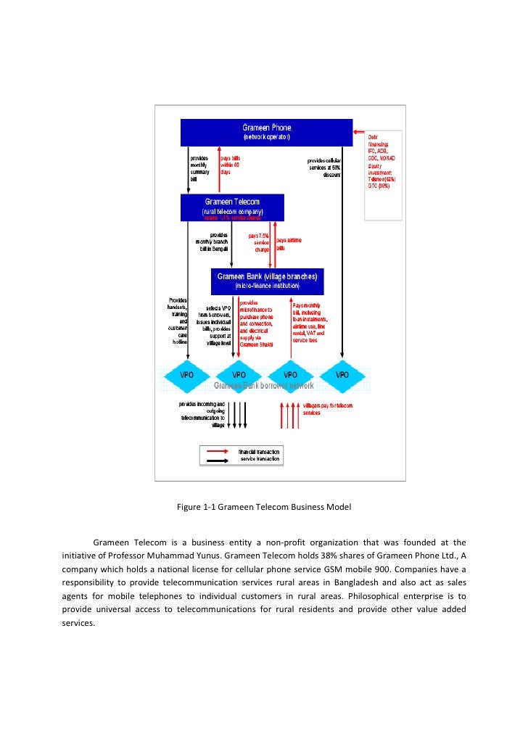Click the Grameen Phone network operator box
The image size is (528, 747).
(266, 132)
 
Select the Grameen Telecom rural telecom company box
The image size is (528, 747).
(232, 206)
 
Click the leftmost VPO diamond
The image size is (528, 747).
(189, 375)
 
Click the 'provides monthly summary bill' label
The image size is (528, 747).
(199, 168)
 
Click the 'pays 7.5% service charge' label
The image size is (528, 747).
(258, 243)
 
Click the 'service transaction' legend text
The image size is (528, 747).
(260, 458)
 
